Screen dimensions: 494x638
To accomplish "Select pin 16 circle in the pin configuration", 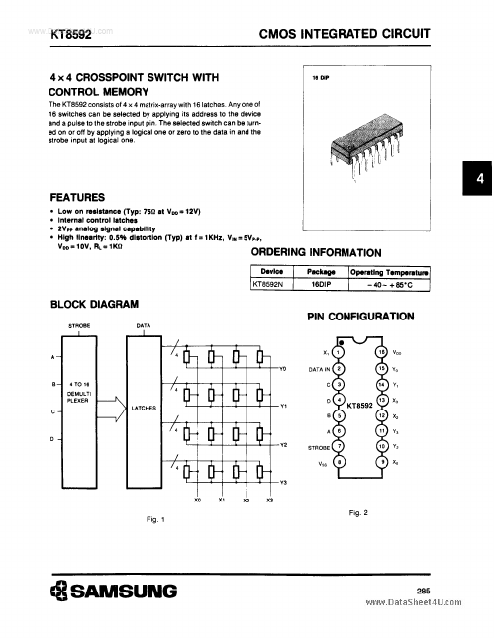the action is (381, 351).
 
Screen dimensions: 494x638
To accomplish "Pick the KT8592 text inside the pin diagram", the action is (358, 406).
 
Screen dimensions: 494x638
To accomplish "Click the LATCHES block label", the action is (144, 406).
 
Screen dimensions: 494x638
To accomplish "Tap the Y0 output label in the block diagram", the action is (282, 369).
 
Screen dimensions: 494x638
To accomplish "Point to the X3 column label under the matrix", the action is (270, 500).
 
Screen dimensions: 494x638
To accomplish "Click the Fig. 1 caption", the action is (155, 518).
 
